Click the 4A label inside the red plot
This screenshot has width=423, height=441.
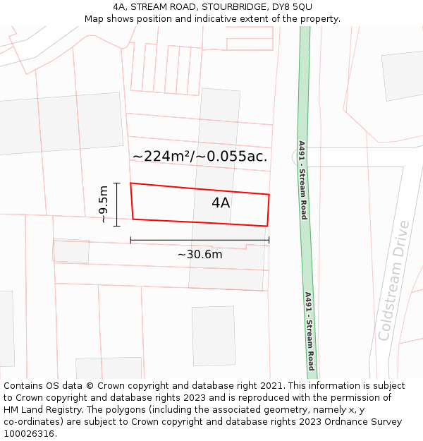tap(221, 203)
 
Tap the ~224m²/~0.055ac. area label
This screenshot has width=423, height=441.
tap(200, 157)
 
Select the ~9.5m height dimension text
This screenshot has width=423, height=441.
tap(104, 205)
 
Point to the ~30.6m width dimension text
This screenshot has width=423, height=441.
tap(200, 255)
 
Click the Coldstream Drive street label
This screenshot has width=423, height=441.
tap(394, 281)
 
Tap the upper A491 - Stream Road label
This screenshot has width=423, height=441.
tap(302, 180)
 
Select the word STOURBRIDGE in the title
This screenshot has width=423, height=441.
tap(231, 6)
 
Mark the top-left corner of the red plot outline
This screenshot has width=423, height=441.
tap(130, 183)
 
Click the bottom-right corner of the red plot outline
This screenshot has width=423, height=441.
tap(267, 226)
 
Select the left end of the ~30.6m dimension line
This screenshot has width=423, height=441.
tap(130, 241)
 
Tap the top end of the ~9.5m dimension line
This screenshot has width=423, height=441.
tap(117, 183)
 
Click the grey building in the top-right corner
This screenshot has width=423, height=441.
tap(403, 75)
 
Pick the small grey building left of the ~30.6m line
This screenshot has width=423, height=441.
tap(71, 251)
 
